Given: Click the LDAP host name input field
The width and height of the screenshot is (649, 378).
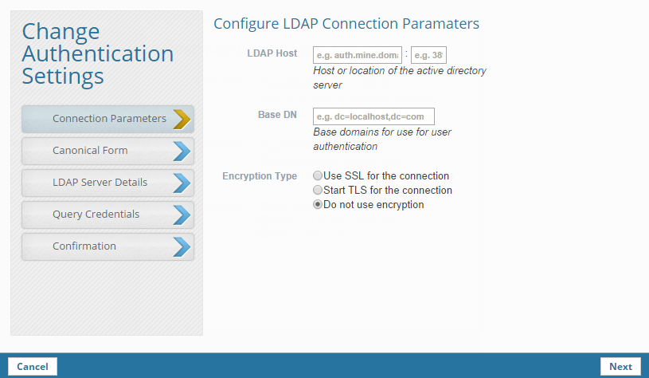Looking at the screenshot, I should click(358, 55).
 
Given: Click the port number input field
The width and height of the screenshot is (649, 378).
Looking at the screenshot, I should click(428, 55).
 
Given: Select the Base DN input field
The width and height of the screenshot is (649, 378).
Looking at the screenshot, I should click(373, 116).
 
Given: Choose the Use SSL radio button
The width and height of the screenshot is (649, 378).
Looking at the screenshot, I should click(319, 175).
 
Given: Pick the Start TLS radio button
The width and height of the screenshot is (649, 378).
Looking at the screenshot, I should click(319, 190).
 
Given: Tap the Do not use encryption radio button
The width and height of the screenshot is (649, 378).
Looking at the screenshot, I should click(319, 204).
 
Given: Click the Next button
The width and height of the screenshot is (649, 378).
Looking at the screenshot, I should click(620, 367).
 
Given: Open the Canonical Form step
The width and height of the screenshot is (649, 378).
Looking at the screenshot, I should click(90, 150).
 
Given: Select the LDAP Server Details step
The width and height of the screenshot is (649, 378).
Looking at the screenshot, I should click(100, 182).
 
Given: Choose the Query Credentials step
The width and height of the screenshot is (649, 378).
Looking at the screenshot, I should click(96, 214).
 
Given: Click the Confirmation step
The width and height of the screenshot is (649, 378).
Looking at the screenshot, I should click(84, 246).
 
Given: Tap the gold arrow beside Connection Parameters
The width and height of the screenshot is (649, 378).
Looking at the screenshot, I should click(182, 119).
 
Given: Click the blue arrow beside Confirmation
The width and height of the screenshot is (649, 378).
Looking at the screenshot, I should click(182, 246).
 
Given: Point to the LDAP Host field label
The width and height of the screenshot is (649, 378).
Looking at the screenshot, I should click(272, 53).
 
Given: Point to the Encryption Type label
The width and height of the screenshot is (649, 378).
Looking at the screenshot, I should click(260, 175).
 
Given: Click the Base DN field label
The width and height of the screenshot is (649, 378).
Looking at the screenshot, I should click(277, 115).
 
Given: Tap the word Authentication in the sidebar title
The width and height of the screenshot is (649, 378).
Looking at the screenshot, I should click(98, 53).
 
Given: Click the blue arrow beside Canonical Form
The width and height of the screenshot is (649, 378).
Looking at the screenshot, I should click(182, 151).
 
